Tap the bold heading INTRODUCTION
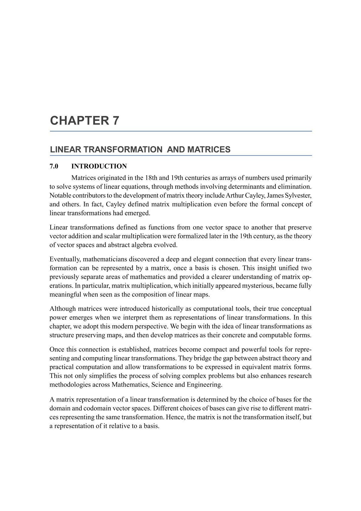(x=99, y=166)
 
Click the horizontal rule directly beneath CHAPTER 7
(x=181, y=131)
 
